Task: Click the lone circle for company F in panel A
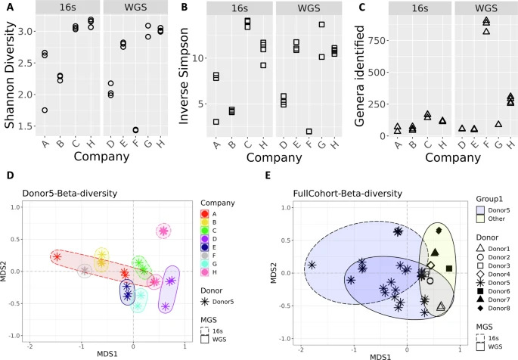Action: coord(135,109)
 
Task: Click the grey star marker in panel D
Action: coord(85,270)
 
